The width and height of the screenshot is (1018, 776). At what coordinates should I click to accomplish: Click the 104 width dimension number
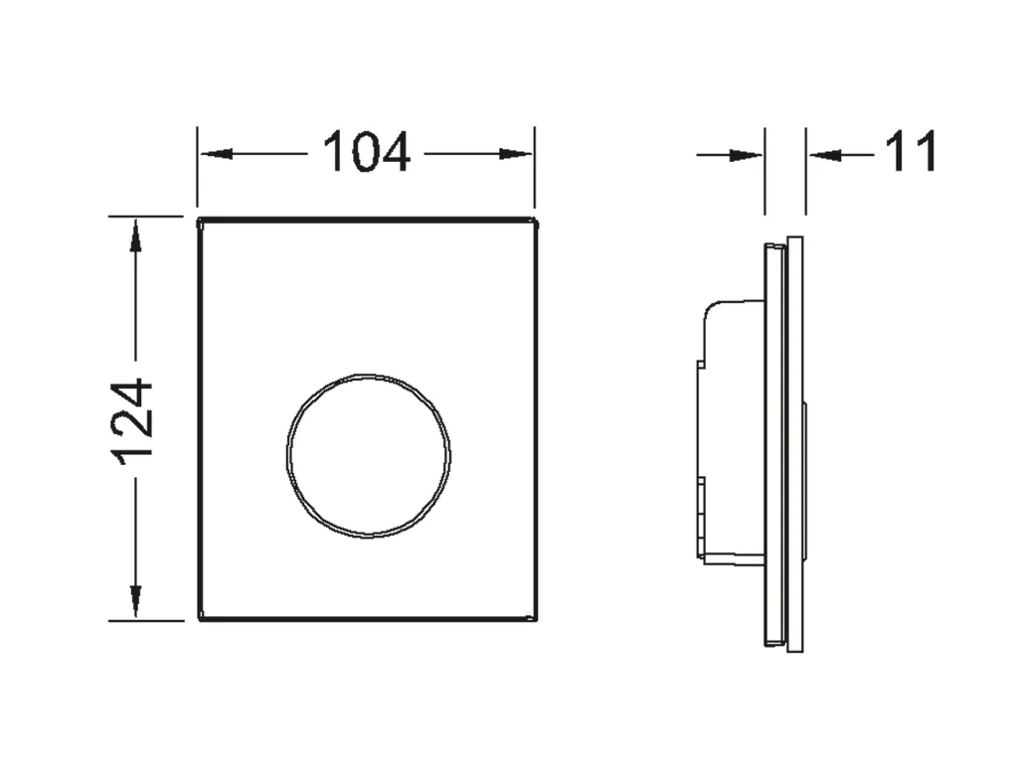click(x=366, y=153)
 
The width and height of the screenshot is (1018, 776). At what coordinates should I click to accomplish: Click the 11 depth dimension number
click(x=911, y=153)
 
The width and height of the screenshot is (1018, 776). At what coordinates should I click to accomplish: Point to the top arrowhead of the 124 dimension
click(x=135, y=234)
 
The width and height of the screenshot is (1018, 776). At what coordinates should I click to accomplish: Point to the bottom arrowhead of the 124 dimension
click(x=135, y=601)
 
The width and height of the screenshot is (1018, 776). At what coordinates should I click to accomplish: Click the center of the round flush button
click(x=368, y=456)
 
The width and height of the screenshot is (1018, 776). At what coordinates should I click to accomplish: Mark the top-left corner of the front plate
click(x=200, y=219)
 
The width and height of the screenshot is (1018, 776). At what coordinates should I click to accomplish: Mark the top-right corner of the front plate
click(x=537, y=219)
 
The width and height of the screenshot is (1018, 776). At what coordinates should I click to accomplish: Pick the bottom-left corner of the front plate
click(x=200, y=619)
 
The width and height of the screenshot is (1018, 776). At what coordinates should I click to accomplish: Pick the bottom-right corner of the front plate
click(x=537, y=619)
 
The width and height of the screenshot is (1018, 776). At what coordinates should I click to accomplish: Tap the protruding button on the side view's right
click(x=805, y=477)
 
